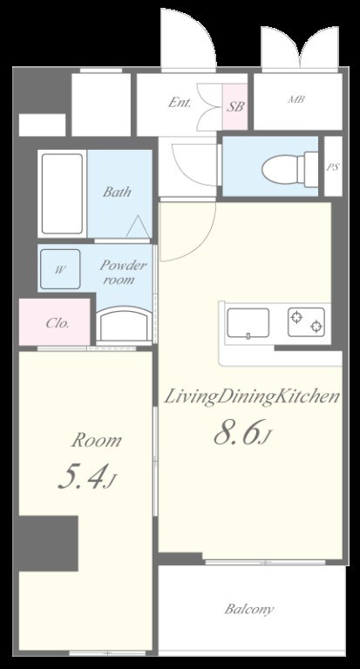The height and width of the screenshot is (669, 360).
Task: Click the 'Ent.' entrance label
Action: click(180, 103)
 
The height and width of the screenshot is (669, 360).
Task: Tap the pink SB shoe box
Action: click(234, 106)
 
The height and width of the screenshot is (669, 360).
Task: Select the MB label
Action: click(296, 99)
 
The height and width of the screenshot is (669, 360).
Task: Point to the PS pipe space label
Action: click(333, 167)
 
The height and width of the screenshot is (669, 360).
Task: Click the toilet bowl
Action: click(289, 168)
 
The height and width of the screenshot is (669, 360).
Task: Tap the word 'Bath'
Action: click(117, 192)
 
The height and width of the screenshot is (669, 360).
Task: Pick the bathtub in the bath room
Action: click(62, 193)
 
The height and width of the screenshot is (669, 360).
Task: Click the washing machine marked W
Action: click(60, 269)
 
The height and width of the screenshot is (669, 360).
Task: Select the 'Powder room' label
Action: click(123, 272)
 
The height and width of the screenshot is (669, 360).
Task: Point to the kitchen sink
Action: click(248, 322)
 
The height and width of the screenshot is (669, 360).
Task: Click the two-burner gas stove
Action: click(306, 321)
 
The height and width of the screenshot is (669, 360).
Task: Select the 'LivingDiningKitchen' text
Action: click(252, 396)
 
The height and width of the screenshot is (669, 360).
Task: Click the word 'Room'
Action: click(96, 441)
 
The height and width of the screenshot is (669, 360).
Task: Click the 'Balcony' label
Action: click(249, 609)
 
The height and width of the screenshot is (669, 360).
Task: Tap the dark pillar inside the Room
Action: click(48, 544)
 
